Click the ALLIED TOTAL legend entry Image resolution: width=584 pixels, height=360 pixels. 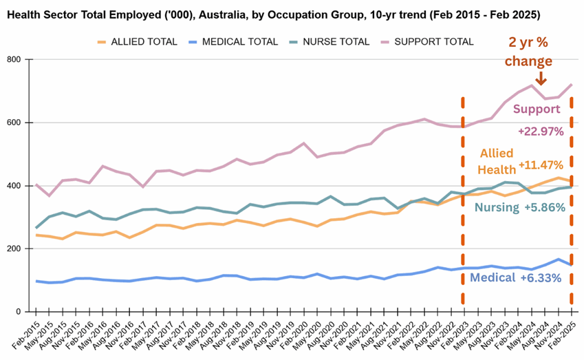click(x=137, y=42)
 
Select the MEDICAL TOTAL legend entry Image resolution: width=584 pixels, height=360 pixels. click(x=232, y=42)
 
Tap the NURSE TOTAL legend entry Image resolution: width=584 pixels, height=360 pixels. click(x=329, y=42)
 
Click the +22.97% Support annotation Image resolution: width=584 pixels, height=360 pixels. click(x=541, y=131)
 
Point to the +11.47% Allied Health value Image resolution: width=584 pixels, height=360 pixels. click(x=541, y=165)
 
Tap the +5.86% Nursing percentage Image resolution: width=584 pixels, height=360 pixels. click(x=545, y=207)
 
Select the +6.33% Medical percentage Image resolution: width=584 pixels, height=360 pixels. click(x=541, y=277)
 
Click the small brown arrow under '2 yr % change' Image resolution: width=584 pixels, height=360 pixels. click(x=541, y=78)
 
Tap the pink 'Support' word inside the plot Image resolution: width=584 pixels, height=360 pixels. click(x=537, y=109)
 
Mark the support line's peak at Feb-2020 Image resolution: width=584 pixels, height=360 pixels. click(x=304, y=143)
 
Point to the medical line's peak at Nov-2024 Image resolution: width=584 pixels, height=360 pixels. click(x=559, y=259)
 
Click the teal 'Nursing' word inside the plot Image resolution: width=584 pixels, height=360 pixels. click(x=497, y=207)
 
